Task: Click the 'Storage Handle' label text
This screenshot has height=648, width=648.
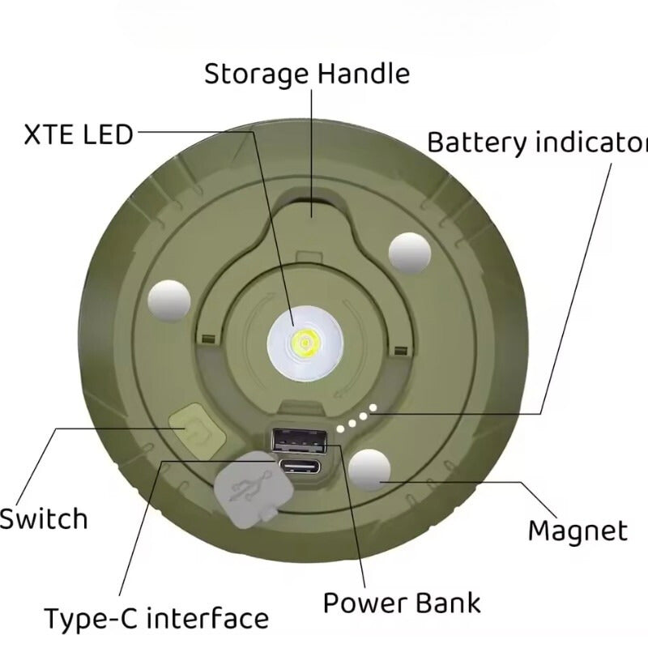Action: pyautogui.click(x=306, y=74)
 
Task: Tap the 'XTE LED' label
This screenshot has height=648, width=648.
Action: pyautogui.click(x=78, y=134)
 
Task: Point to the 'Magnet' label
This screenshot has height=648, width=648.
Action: pyautogui.click(x=577, y=531)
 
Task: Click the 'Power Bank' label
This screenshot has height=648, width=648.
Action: pyautogui.click(x=402, y=603)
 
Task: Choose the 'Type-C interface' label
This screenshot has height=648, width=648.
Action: pyautogui.click(x=156, y=619)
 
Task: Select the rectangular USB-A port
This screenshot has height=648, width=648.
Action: pyautogui.click(x=300, y=440)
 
